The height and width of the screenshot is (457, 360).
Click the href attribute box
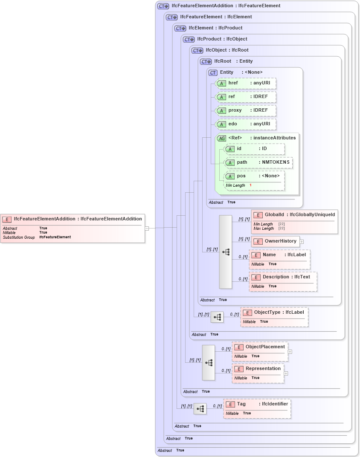pyautogui.click(x=246, y=83)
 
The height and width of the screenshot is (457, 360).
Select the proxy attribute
pyautogui.click(x=246, y=110)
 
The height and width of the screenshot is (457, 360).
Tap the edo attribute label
pyautogui.click(x=232, y=124)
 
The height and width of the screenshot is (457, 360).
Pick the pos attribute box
pyautogui.click(x=254, y=176)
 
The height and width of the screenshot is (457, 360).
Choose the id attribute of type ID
pyautogui.click(x=254, y=149)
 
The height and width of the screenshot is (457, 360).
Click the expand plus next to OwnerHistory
pyautogui.click(x=302, y=241)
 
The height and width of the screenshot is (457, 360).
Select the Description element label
pyautogui.click(x=282, y=277)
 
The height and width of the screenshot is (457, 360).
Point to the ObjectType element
pyautogui.click(x=274, y=312)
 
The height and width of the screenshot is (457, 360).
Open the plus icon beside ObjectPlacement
pyautogui.click(x=290, y=352)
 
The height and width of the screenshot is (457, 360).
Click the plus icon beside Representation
pyautogui.click(x=286, y=373)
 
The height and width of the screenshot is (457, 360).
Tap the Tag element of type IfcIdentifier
pyautogui.click(x=257, y=404)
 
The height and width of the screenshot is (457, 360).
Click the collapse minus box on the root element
pyautogui.click(x=147, y=228)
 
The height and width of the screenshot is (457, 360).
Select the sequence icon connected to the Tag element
pyautogui.click(x=200, y=409)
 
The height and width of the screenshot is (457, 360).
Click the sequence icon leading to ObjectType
pyautogui.click(x=217, y=317)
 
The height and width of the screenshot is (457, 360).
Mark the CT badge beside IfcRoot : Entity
pyautogui.click(x=206, y=62)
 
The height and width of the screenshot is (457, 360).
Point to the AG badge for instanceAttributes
pyautogui.click(x=221, y=138)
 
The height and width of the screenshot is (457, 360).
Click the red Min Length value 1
pyautogui.click(x=250, y=185)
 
